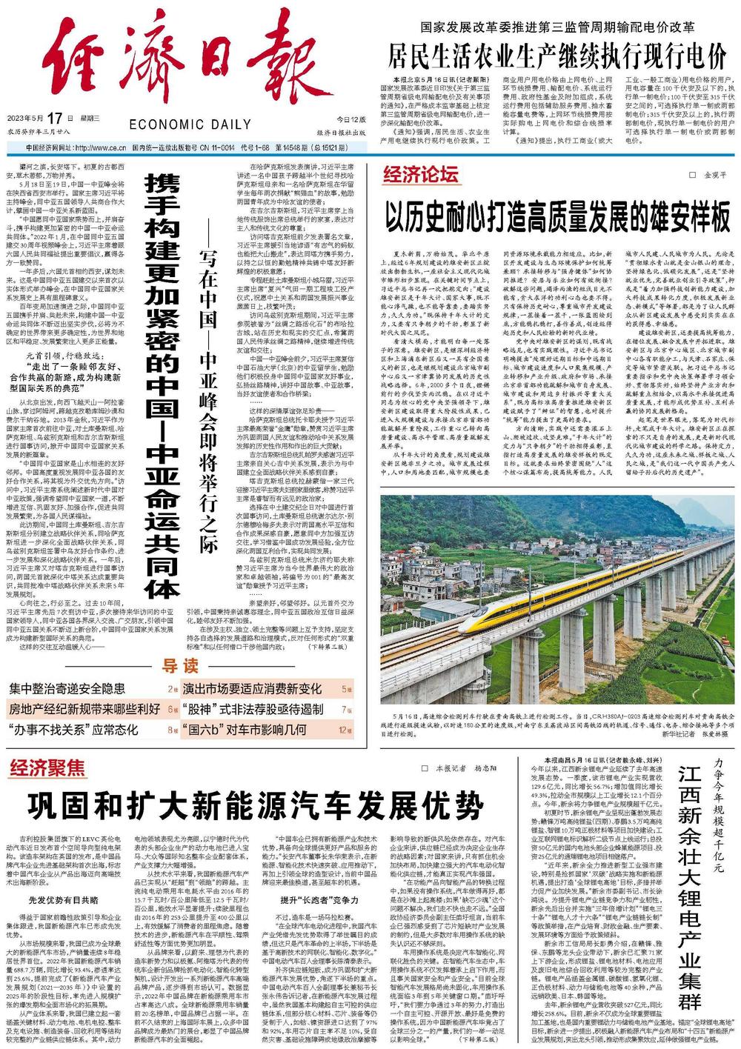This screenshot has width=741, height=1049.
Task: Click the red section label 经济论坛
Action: click(420, 176)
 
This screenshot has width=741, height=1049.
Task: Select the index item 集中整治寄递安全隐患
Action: click(67, 689)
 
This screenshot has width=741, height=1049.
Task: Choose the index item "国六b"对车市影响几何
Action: click(244, 729)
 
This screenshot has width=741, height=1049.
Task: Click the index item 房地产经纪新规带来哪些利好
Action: click(84, 709)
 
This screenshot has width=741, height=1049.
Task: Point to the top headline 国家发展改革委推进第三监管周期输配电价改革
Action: click(557, 28)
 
